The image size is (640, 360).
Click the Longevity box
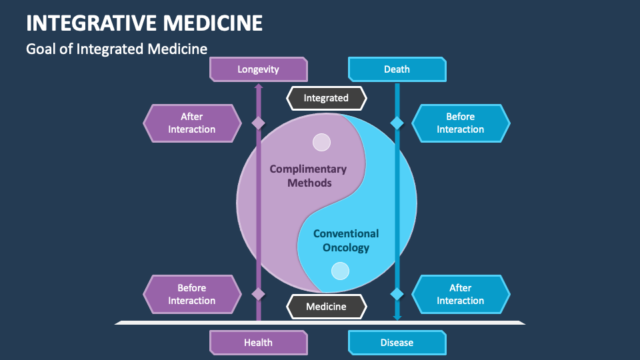click(x=258, y=69)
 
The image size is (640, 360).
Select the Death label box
click(x=397, y=69)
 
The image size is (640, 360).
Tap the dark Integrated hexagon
click(x=326, y=98)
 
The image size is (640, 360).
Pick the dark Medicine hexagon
click(x=326, y=307)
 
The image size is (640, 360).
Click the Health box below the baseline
click(x=258, y=343)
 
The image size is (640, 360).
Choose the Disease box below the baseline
click(x=397, y=343)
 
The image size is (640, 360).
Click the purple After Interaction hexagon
click(x=192, y=123)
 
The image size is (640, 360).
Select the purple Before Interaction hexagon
click(x=192, y=295)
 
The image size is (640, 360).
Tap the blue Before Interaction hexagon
click(x=461, y=123)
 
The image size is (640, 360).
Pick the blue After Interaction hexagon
click(x=461, y=295)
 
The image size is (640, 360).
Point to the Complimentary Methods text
click(x=308, y=176)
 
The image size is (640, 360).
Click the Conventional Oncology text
click(x=346, y=241)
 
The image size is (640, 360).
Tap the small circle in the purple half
click(x=322, y=142)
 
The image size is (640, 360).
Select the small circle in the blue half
click(x=341, y=271)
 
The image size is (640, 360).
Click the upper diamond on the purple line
click(x=258, y=123)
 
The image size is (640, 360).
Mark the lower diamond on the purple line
click(x=258, y=294)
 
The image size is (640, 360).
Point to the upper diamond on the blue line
click(x=397, y=123)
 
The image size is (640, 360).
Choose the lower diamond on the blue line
click(x=397, y=294)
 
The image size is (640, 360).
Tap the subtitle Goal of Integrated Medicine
click(x=117, y=49)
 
